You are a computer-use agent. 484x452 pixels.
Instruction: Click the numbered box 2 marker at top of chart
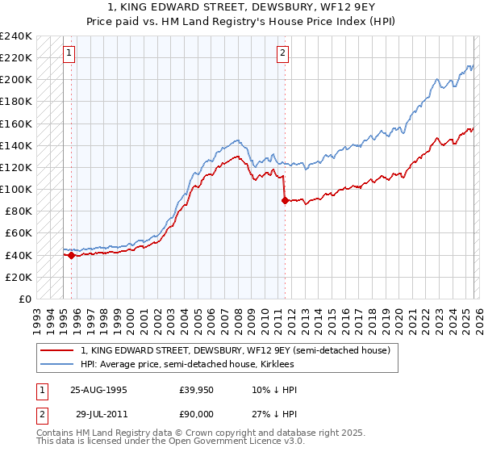click(283, 54)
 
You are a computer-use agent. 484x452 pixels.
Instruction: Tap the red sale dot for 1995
click(71, 255)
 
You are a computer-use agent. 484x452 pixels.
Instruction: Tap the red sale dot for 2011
click(285, 200)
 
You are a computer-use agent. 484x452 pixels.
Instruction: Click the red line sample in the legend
click(58, 350)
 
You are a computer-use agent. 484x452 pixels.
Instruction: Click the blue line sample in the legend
click(58, 364)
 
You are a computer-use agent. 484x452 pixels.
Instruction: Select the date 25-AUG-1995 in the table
click(98, 390)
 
